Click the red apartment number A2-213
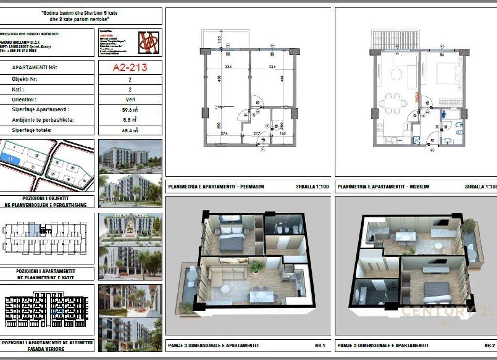coord(130,67)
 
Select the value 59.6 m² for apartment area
coord(130,110)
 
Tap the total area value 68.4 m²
coord(130,130)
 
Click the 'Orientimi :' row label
coord(25,99)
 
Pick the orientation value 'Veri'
coord(130,99)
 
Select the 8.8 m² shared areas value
coord(130,120)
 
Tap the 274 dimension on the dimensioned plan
coord(224,133)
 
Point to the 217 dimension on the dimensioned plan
coord(257,133)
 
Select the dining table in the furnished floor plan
coord(392,103)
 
